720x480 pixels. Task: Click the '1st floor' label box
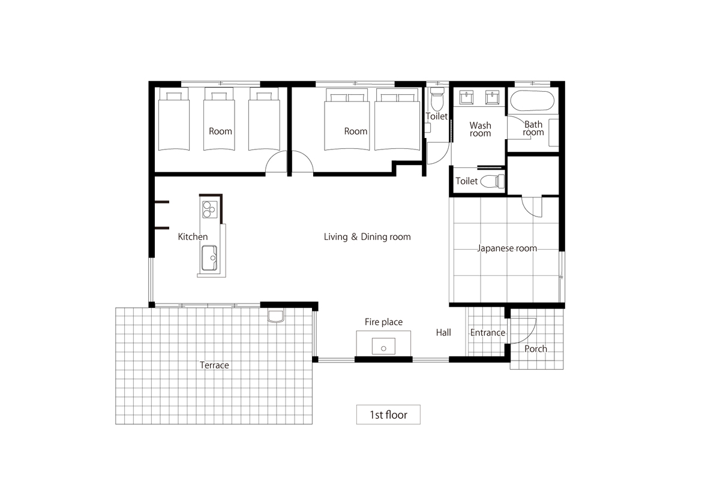388,415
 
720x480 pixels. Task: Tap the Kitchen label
193,236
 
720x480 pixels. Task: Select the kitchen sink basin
209,258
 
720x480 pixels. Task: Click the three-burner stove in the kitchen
209,209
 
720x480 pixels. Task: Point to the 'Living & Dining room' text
367,236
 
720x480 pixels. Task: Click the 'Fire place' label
383,322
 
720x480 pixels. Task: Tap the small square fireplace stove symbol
383,346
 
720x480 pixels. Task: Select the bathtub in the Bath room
532,101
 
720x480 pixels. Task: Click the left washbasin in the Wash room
466,97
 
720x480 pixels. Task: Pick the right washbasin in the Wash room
492,97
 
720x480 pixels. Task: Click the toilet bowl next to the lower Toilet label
493,181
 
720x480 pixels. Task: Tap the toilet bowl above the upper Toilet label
437,99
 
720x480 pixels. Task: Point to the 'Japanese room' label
507,248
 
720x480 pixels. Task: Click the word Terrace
214,365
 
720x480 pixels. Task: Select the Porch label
535,349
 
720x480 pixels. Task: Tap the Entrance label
488,332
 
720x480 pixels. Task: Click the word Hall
443,332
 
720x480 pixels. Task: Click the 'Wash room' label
480,129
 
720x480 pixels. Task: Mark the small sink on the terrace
276,316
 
